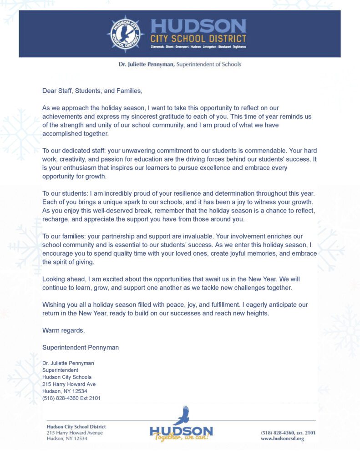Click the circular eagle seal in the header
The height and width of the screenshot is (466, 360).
pos(125,34)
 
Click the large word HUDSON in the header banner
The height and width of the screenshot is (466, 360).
pos(198,26)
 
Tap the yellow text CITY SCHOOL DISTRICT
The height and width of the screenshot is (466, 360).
pos(198,39)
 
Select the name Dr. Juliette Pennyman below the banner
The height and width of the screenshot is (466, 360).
pos(146,64)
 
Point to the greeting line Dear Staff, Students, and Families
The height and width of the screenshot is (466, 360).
pos(92,91)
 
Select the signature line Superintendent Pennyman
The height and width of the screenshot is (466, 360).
pos(81,347)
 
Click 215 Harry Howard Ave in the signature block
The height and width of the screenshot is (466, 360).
pos(69,384)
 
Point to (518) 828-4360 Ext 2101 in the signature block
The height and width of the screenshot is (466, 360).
pos(71,398)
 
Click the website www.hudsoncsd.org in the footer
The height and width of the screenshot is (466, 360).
pos(282,439)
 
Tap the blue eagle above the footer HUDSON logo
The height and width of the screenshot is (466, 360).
pos(182,415)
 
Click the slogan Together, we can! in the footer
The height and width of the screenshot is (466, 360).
pos(181,438)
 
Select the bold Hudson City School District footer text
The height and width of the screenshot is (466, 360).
pos(76,426)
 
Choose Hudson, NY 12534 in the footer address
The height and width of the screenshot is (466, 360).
pos(67,439)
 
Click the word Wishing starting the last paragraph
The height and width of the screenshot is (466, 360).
pos(54,304)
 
